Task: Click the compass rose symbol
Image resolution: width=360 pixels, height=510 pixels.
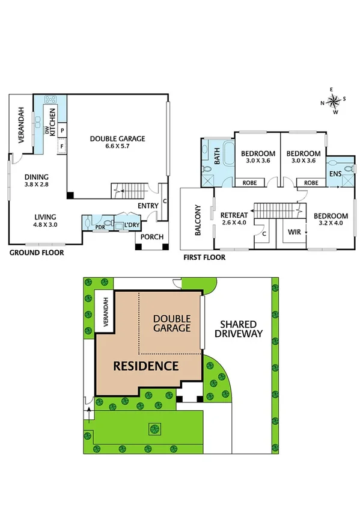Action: [x=335, y=100]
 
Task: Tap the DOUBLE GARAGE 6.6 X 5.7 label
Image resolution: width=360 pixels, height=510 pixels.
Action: [x=118, y=143]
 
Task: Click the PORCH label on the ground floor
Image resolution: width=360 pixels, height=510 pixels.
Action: [x=151, y=237]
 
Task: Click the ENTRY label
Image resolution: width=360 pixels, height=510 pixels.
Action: [x=147, y=206]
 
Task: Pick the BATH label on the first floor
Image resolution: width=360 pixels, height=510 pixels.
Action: [x=218, y=158]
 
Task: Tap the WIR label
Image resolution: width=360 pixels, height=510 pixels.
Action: [x=294, y=231]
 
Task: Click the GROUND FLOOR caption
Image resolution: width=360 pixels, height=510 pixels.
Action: [x=37, y=253]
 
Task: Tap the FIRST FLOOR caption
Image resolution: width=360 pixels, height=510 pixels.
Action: [x=204, y=257]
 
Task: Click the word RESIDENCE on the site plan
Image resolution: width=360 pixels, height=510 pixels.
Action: [x=146, y=366]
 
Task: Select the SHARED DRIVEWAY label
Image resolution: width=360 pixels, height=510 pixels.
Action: [x=240, y=328]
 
